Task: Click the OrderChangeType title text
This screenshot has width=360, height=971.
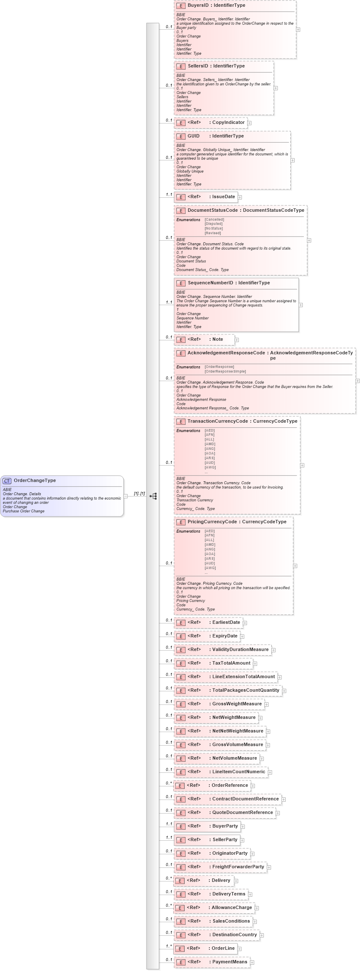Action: tap(35, 480)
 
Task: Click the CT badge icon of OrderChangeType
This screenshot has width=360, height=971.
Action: tap(7, 481)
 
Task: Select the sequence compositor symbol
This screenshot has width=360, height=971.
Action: tap(153, 496)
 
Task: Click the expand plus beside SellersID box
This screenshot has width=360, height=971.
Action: tap(276, 88)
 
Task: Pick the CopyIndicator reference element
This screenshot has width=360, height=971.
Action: tap(228, 123)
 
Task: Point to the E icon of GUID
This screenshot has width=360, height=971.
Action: tap(181, 137)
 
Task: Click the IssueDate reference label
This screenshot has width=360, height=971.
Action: tap(223, 197)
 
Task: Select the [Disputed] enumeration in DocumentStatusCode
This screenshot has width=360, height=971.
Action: tap(214, 224)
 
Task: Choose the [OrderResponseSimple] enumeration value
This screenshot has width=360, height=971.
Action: tap(225, 371)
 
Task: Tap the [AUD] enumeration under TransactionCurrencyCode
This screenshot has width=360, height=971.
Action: tap(210, 463)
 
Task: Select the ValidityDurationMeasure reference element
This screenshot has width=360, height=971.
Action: tap(240, 650)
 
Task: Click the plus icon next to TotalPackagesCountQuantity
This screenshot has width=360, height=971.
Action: tap(284, 691)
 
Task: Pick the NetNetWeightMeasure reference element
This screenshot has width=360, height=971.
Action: tap(237, 731)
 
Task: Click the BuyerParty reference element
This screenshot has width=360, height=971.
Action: tap(225, 826)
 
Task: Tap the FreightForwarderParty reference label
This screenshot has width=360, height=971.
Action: tap(238, 867)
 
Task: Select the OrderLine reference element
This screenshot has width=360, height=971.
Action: tap(223, 949)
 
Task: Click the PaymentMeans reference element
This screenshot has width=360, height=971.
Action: tap(229, 962)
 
